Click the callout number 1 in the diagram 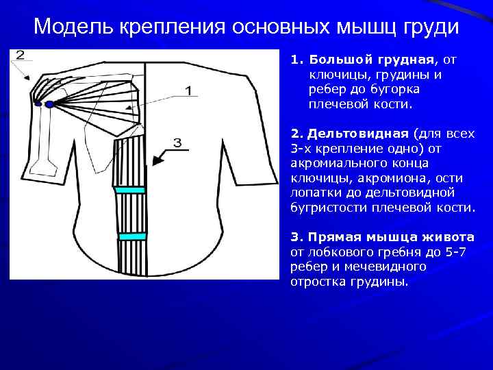188,90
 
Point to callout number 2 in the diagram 20,55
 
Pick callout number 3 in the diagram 177,143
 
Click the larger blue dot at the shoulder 49,105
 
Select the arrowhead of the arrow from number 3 156,162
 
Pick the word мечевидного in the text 388,267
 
